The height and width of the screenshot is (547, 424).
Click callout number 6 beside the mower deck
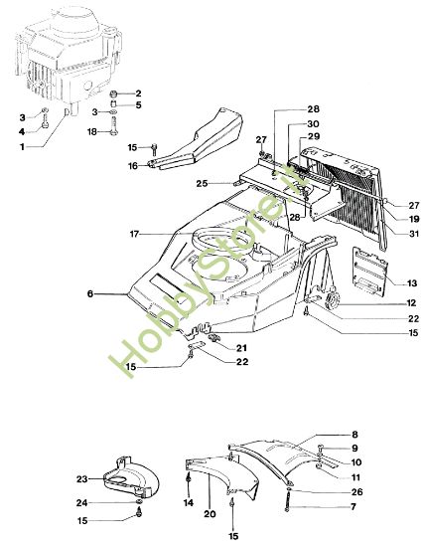[89, 294]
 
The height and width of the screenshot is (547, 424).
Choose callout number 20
[208, 515]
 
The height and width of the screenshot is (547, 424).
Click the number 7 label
[352, 508]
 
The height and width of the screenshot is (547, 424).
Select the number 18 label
[92, 131]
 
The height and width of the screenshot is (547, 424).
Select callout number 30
[314, 124]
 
